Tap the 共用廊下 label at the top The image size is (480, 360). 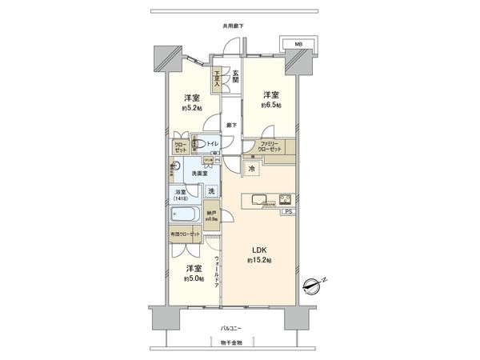[x=234, y=26]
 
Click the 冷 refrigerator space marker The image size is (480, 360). [x=252, y=170]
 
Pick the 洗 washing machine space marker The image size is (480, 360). [x=211, y=190]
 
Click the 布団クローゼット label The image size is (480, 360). [x=185, y=234]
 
